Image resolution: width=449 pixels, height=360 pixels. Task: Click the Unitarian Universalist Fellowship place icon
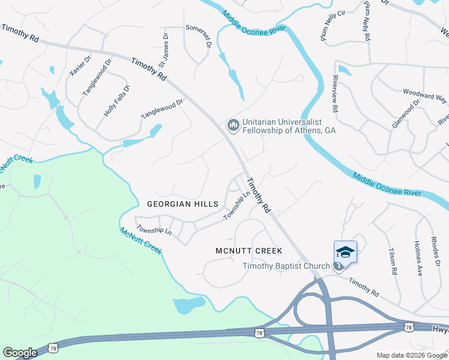(232, 125)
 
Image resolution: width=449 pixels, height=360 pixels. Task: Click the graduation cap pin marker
(345, 252)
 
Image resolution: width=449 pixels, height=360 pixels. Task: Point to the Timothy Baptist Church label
(286, 266)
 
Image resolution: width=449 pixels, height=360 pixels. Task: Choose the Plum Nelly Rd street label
(366, 20)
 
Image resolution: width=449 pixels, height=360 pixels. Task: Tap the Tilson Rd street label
(393, 262)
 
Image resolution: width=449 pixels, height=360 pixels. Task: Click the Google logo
(20, 353)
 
